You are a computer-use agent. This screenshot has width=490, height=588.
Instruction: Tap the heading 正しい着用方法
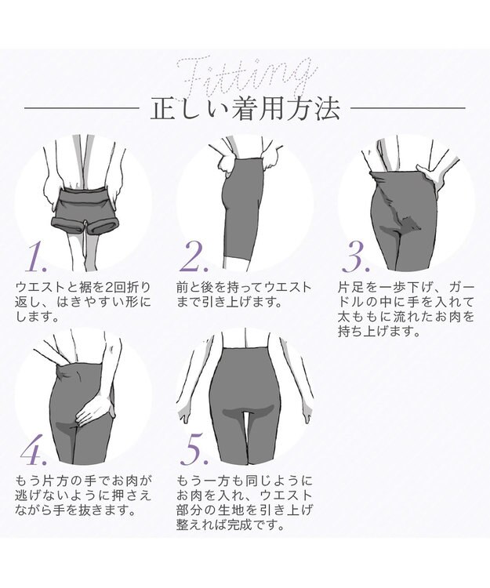click(x=245, y=108)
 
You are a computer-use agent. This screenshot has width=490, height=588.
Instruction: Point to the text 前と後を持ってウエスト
click(x=244, y=287)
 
